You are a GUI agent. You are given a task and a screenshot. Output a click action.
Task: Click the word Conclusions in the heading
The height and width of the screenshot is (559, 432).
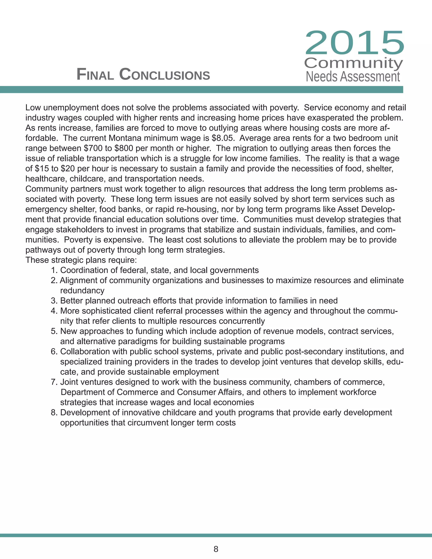pyautogui.click(x=165, y=74)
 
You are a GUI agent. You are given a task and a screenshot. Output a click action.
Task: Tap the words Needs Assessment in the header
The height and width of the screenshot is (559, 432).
pyautogui.click(x=353, y=77)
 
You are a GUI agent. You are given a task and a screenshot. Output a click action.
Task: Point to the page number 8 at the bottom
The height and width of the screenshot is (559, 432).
pyautogui.click(x=216, y=549)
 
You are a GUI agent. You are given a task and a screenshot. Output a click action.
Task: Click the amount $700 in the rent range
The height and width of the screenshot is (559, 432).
pyautogui.click(x=91, y=149)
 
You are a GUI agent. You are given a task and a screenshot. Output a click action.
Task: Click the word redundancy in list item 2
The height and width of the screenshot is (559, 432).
pyautogui.click(x=82, y=291)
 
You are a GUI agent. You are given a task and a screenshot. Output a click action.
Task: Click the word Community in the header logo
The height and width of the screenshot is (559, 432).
pyautogui.click(x=354, y=63)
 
